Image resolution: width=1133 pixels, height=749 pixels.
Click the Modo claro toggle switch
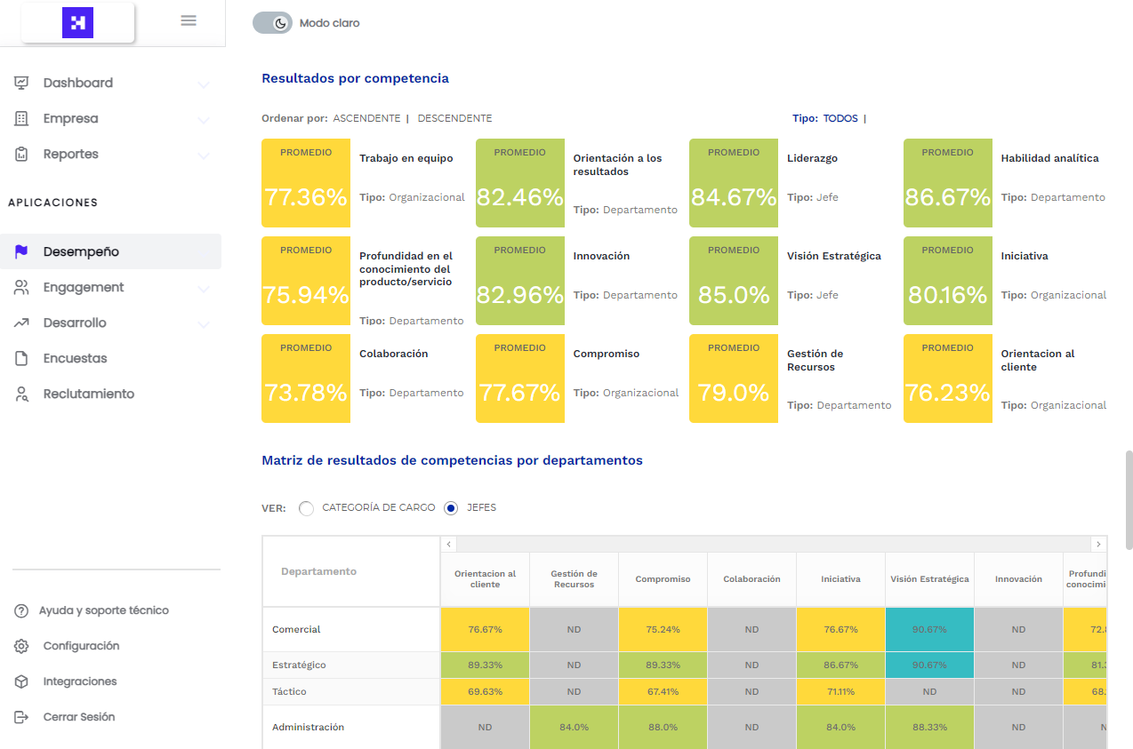click(272, 23)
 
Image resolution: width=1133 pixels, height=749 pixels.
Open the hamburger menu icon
click(189, 20)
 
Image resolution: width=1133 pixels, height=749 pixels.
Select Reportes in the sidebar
click(71, 154)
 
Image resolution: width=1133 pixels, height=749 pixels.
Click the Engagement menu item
click(84, 287)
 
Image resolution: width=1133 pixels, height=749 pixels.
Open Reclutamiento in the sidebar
click(88, 394)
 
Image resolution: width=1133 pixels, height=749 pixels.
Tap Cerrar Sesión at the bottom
click(78, 717)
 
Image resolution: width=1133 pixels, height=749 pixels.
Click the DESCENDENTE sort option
click(454, 118)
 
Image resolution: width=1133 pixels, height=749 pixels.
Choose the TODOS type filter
click(840, 118)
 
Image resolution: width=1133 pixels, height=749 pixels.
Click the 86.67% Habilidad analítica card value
click(947, 196)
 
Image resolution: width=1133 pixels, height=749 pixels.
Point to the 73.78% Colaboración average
click(306, 392)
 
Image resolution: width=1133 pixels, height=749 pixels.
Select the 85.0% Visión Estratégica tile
click(734, 294)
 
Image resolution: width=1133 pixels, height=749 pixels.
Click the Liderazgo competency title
click(812, 158)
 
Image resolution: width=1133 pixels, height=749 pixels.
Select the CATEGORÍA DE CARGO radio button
click(307, 508)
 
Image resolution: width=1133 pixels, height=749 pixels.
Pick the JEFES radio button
click(452, 508)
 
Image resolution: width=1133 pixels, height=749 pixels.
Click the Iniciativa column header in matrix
click(840, 579)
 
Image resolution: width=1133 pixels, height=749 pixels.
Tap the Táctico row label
click(290, 691)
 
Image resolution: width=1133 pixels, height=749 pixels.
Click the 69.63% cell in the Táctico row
click(485, 691)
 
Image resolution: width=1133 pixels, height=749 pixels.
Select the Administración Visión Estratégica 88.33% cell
click(929, 727)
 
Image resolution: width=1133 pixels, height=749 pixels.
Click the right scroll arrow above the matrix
click(1098, 544)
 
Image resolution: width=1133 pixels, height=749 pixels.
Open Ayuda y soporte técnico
click(103, 610)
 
